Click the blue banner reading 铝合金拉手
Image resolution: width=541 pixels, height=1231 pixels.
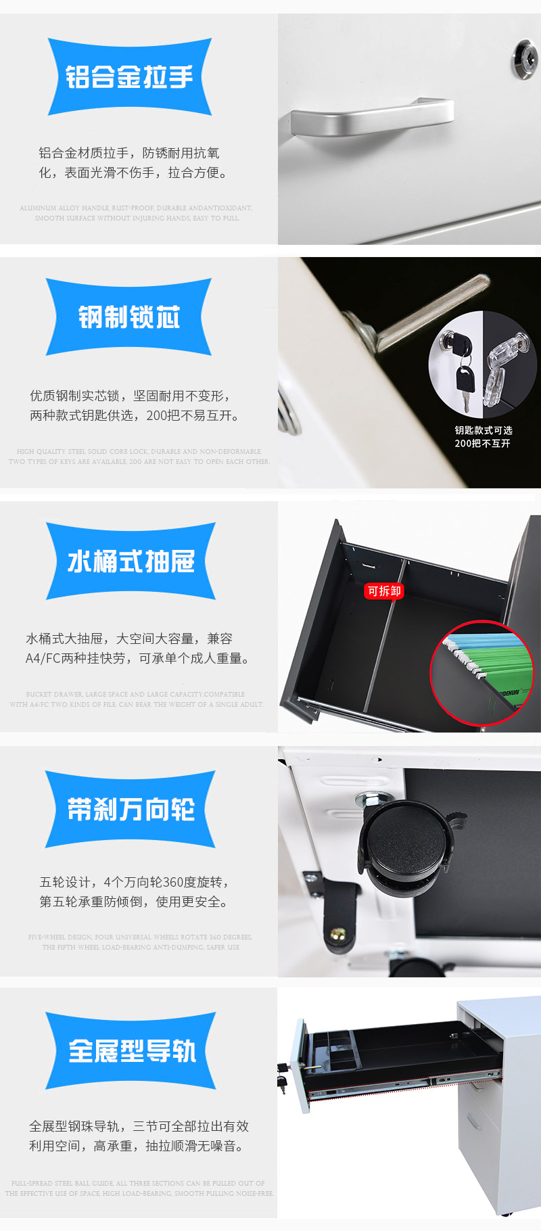pos(129,76)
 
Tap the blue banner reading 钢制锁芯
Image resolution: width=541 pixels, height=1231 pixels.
pos(129,317)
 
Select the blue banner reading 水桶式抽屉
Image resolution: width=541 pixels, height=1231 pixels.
pos(131,561)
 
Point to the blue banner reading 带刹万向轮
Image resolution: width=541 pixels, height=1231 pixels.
pos(131,809)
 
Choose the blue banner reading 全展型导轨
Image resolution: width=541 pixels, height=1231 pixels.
pos(131,1051)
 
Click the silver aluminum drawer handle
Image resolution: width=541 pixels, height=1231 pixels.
pos(372,118)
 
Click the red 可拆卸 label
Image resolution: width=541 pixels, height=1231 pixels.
pos(384,591)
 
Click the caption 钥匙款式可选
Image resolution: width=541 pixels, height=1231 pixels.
pos(484,430)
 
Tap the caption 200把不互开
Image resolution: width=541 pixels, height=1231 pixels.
pos(482,444)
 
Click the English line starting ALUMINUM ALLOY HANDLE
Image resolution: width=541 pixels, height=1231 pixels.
pos(136,208)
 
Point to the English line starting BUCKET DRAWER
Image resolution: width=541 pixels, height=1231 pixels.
pos(135,695)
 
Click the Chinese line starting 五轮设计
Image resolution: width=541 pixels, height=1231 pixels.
pos(135,882)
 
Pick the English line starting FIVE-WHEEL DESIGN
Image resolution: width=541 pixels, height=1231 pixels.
pos(140,937)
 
